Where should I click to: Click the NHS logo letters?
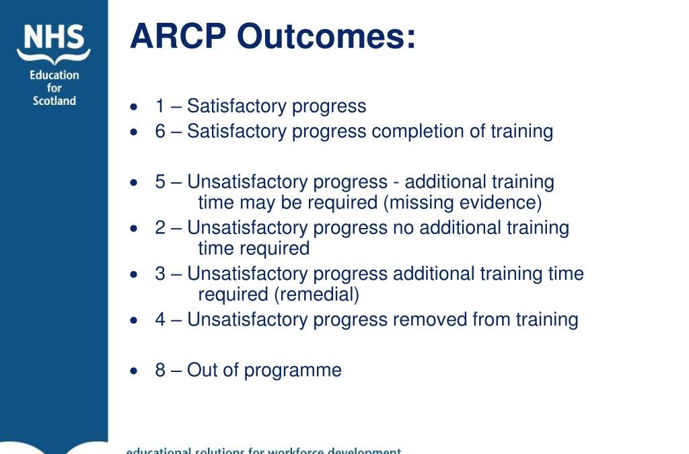click(x=53, y=38)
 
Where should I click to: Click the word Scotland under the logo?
click(x=55, y=101)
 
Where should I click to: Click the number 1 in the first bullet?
click(x=160, y=106)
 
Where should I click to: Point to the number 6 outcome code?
click(x=160, y=131)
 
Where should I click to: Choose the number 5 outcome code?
click(x=160, y=182)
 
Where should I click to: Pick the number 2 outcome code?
click(x=160, y=228)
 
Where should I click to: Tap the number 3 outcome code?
click(x=160, y=274)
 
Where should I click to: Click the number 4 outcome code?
click(x=160, y=319)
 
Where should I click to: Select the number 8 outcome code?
click(x=160, y=370)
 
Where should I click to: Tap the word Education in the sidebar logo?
click(x=55, y=75)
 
